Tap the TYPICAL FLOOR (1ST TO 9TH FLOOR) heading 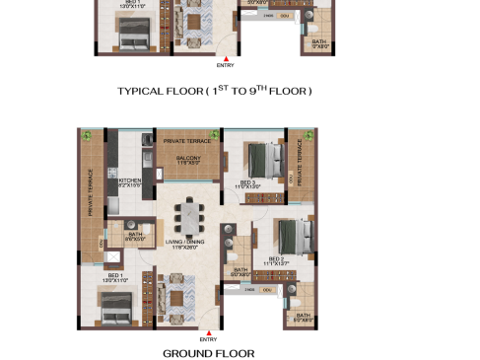(214, 91)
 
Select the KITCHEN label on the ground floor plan (131, 181)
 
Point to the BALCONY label (188, 159)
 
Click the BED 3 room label (247, 182)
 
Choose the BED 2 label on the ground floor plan (274, 260)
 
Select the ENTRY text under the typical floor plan (225, 65)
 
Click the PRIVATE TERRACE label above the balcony (188, 142)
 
